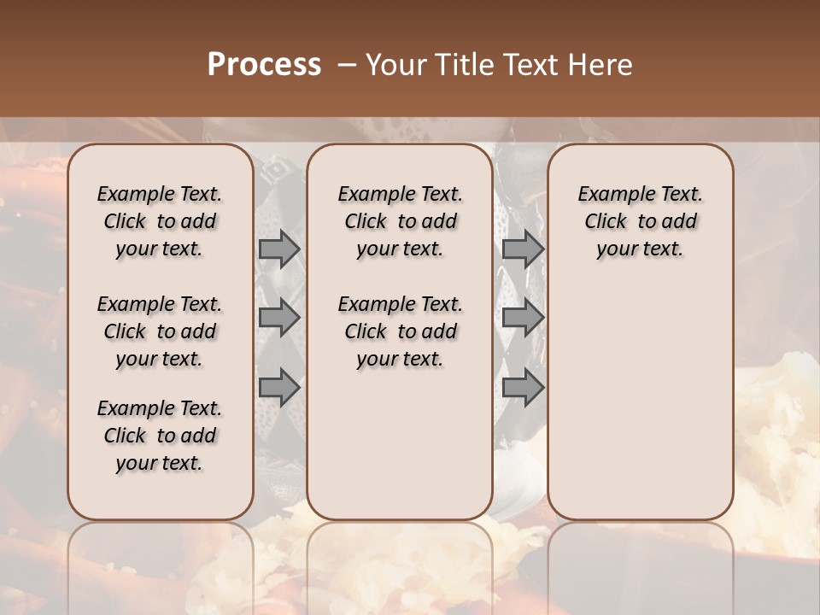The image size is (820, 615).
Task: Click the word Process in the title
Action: pyautogui.click(x=264, y=64)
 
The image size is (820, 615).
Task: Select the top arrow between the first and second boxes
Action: pyautogui.click(x=279, y=249)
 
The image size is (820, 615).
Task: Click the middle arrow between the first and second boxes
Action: pyautogui.click(x=279, y=319)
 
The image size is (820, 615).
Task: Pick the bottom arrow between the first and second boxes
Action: pyautogui.click(x=279, y=387)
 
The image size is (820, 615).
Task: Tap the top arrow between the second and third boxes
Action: pyautogui.click(x=522, y=249)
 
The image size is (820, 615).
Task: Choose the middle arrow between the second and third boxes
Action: pyautogui.click(x=522, y=319)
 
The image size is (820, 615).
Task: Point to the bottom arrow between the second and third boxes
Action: pyautogui.click(x=522, y=387)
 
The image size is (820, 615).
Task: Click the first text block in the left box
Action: pyautogui.click(x=160, y=221)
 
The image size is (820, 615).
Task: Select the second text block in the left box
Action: pyautogui.click(x=160, y=331)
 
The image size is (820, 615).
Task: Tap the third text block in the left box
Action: pyautogui.click(x=160, y=436)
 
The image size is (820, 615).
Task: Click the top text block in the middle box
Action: pyautogui.click(x=400, y=221)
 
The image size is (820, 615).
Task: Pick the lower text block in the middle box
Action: pyautogui.click(x=400, y=331)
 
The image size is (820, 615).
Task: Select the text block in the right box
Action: pyautogui.click(x=640, y=221)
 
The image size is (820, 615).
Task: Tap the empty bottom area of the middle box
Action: pyautogui.click(x=400, y=453)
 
